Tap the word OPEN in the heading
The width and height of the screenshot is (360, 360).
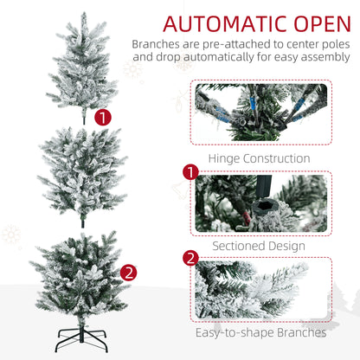tap(323, 23)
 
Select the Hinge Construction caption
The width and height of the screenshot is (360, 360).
tap(259, 158)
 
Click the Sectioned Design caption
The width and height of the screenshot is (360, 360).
tap(259, 246)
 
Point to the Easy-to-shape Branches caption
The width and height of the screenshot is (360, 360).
tap(261, 332)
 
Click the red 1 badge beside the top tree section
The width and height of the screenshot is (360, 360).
tap(103, 118)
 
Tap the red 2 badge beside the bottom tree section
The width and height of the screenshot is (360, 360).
tap(129, 273)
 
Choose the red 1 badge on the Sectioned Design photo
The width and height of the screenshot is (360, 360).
tap(190, 172)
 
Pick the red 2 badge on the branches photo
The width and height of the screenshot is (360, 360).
tap(190, 258)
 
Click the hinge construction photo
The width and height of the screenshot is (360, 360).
tap(261, 112)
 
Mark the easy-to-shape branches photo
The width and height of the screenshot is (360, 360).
tap(261, 290)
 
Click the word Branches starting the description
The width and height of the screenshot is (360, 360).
tap(156, 44)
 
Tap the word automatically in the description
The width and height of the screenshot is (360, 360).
tap(219, 57)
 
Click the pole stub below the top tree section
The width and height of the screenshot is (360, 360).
tap(84, 119)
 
